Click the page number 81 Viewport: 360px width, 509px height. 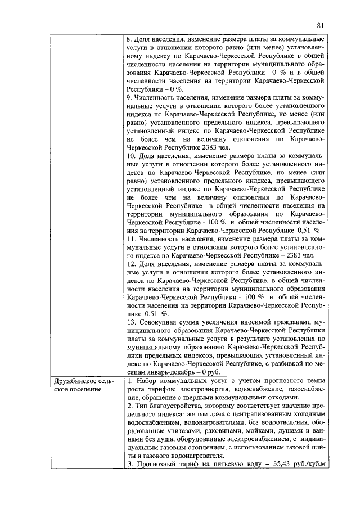(x=321, y=25)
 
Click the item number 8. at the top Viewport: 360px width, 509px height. (x=130, y=40)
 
